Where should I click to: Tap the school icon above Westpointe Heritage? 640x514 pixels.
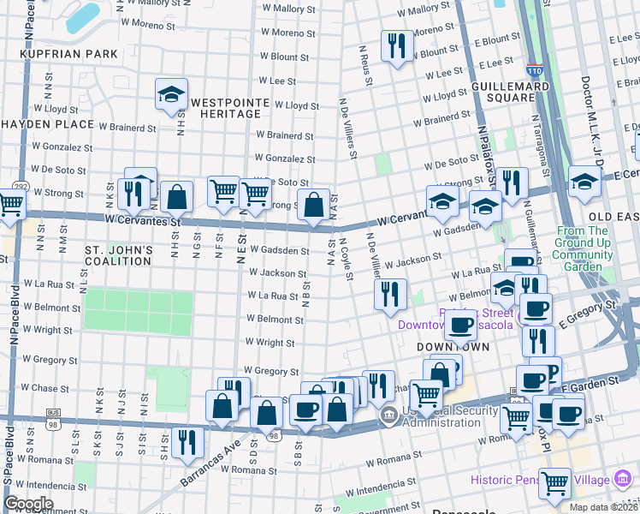(x=172, y=96)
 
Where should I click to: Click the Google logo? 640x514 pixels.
(x=28, y=503)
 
